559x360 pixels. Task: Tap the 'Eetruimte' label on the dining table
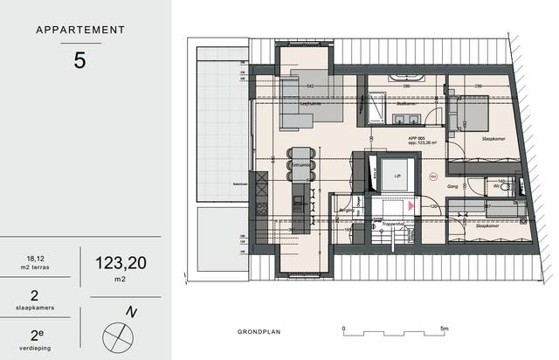pyautogui.click(x=302, y=163)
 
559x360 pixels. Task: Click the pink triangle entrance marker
pyautogui.click(x=410, y=206)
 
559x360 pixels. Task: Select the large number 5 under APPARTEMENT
pyautogui.click(x=79, y=61)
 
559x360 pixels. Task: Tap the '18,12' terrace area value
pyautogui.click(x=37, y=258)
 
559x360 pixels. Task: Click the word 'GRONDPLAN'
pyautogui.click(x=261, y=332)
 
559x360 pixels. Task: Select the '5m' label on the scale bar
pyautogui.click(x=445, y=329)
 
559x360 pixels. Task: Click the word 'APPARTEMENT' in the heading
pyautogui.click(x=79, y=30)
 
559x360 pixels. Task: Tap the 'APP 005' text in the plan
pyautogui.click(x=417, y=139)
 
